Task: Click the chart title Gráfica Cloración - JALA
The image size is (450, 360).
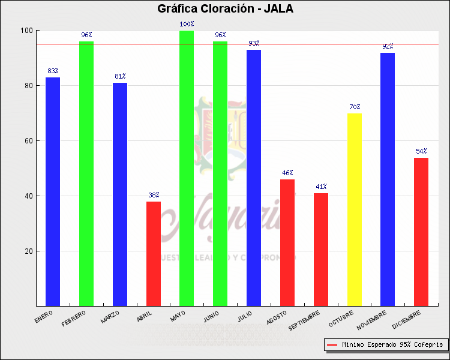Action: pyautogui.click(x=225, y=8)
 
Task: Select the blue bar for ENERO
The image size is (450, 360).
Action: pyautogui.click(x=53, y=191)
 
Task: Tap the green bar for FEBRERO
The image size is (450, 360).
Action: pyautogui.click(x=86, y=173)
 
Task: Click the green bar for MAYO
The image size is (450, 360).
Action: pyautogui.click(x=187, y=168)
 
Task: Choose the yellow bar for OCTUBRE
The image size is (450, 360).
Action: pyautogui.click(x=355, y=209)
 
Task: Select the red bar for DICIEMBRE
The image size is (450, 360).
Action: pyautogui.click(x=421, y=232)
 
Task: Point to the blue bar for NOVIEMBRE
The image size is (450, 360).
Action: pyautogui.click(x=388, y=179)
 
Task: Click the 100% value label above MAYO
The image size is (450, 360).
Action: pyautogui.click(x=187, y=25)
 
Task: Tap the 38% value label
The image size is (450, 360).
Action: pyautogui.click(x=154, y=195)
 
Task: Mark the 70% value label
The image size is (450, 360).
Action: pyautogui.click(x=355, y=107)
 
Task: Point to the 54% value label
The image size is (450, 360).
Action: pyautogui.click(x=421, y=151)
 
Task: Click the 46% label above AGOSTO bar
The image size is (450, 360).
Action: pyautogui.click(x=287, y=173)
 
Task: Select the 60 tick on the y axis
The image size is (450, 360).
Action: pyautogui.click(x=28, y=141)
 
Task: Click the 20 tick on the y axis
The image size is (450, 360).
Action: pyautogui.click(x=28, y=251)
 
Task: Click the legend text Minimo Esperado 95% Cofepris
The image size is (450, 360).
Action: pyautogui.click(x=392, y=345)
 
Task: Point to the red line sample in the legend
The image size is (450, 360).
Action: pyautogui.click(x=332, y=345)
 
